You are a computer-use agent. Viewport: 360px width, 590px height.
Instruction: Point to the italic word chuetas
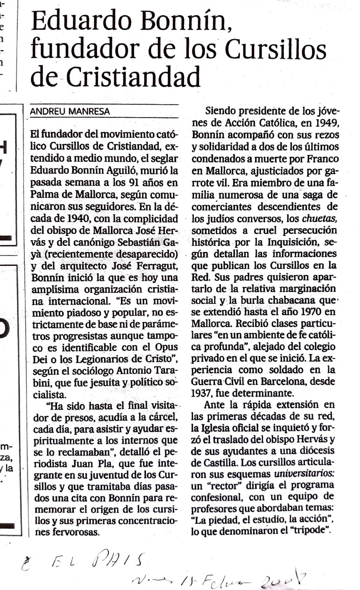(x=319, y=219)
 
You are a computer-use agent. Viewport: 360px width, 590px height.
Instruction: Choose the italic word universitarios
(x=304, y=473)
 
